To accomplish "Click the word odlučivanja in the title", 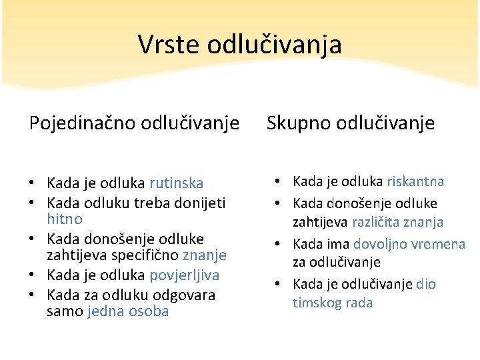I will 275,45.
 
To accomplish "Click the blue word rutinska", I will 177,183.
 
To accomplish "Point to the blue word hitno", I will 65,219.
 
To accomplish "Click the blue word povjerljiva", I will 185,275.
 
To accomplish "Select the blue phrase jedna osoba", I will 128,311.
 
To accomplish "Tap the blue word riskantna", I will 415,181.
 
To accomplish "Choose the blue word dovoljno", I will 381,244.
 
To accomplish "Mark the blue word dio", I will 425,284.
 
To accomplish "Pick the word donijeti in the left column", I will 199,202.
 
